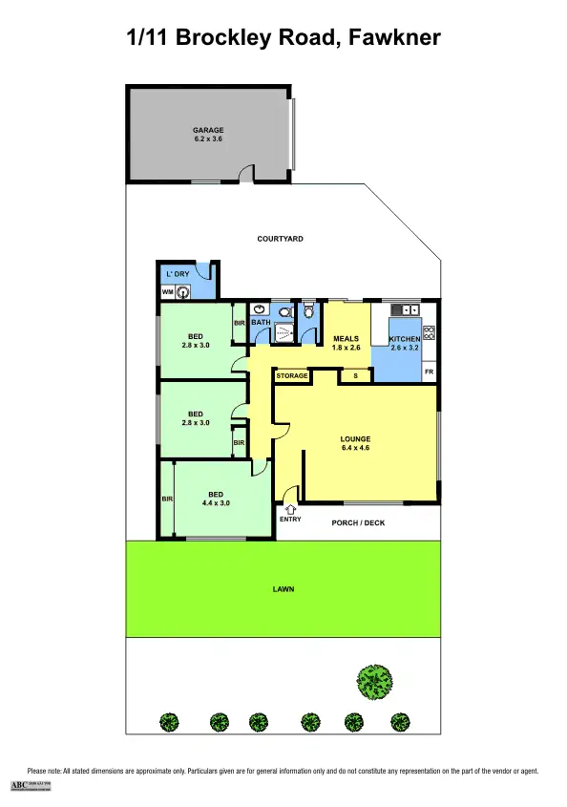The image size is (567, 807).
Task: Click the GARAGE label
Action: [x=208, y=130]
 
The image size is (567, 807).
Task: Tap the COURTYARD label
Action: [x=281, y=239]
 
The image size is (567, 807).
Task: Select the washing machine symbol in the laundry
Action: [x=182, y=292]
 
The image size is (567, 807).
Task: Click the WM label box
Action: [x=167, y=292]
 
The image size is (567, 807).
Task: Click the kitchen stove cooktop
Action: [x=429, y=333]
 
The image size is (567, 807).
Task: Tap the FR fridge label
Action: [x=429, y=371]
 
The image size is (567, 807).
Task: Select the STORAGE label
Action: [x=292, y=376]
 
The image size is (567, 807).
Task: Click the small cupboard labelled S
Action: [x=356, y=376]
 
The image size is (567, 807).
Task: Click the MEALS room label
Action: [x=345, y=339]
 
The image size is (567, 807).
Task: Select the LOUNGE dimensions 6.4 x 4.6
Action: [x=355, y=448]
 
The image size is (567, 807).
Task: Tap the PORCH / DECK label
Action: [x=357, y=522]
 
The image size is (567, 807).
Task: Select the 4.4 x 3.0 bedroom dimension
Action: [x=216, y=502]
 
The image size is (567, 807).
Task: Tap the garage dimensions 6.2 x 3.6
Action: [x=208, y=139]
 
